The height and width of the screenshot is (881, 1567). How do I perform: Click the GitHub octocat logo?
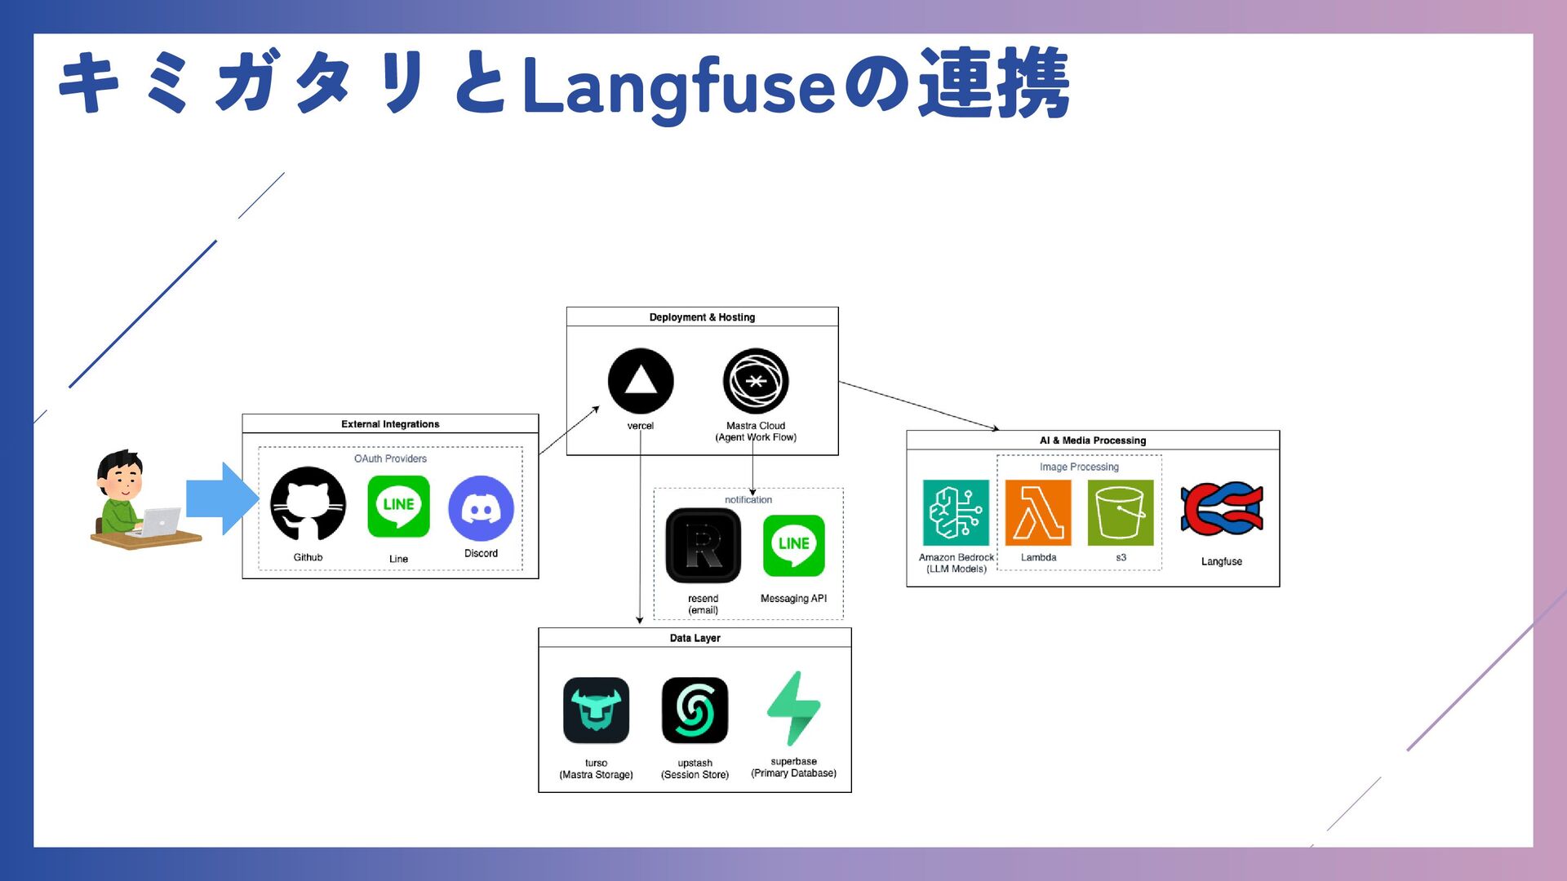pos(308,504)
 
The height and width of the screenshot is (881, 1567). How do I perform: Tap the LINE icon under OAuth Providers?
pos(398,507)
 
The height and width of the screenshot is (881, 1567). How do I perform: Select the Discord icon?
pos(481,508)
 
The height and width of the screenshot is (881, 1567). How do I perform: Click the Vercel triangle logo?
pos(641,381)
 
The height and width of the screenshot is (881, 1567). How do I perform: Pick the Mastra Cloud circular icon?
pos(756,381)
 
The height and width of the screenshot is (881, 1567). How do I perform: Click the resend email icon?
pos(703,546)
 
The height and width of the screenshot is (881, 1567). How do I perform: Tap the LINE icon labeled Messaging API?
pos(793,545)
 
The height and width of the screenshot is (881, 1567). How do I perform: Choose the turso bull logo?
pos(596,711)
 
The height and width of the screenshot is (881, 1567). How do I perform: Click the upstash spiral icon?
pos(695,711)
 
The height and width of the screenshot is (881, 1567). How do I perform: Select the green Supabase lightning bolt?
pos(793,708)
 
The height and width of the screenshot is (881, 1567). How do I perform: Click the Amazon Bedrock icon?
pos(956,512)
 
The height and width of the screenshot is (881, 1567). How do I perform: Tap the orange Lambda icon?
pos(1038,512)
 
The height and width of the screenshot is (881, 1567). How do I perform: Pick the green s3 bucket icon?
pos(1121,512)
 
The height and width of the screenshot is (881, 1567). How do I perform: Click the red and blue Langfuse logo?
pos(1222,509)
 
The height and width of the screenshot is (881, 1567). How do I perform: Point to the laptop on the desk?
pos(161,521)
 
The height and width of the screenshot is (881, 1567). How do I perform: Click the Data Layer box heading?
pos(695,638)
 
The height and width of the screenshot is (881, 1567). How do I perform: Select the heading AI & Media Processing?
pos(1093,440)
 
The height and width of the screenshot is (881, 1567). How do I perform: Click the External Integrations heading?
pos(390,424)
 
